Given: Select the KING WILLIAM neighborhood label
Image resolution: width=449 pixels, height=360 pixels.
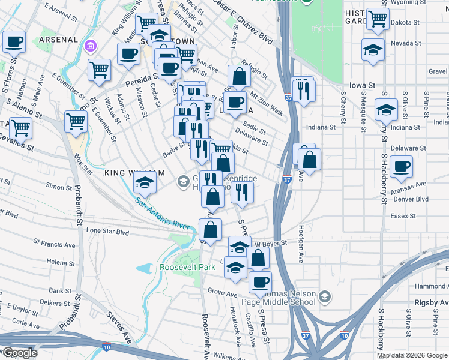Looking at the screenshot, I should pyautogui.click(x=134, y=173).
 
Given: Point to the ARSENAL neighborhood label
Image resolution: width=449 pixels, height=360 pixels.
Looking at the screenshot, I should pyautogui.click(x=58, y=40).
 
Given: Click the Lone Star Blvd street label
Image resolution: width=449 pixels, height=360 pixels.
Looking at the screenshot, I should pyautogui.click(x=108, y=230).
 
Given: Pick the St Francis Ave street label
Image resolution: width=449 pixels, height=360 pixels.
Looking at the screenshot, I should pyautogui.click(x=55, y=245).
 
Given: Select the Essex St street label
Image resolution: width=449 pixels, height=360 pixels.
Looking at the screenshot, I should pyautogui.click(x=403, y=216).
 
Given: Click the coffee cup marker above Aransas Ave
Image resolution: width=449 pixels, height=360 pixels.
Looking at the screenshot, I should pyautogui.click(x=401, y=166).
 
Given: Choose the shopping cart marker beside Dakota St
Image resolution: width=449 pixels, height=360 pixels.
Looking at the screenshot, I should pyautogui.click(x=378, y=19).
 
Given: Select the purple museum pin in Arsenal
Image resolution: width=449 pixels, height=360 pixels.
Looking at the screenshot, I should pyautogui.click(x=91, y=46).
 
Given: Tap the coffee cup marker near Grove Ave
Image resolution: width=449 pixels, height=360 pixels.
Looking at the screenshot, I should pyautogui.click(x=260, y=282).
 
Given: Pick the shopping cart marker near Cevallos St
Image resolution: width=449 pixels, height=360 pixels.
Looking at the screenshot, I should pyautogui.click(x=21, y=127).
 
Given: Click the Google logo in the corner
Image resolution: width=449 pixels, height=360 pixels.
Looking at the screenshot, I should pyautogui.click(x=19, y=353).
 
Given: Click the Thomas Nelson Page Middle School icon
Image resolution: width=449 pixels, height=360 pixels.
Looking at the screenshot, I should pyautogui.click(x=325, y=296).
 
